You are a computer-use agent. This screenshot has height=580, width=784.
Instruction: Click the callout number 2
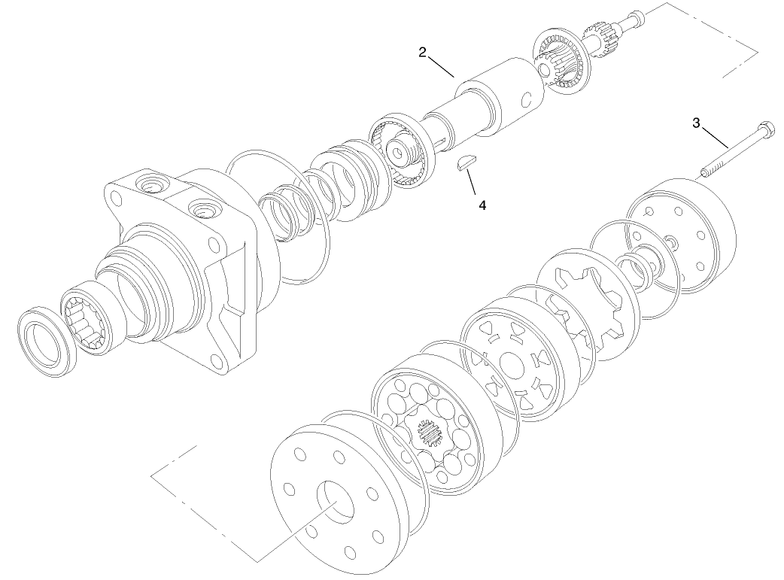pyautogui.click(x=423, y=52)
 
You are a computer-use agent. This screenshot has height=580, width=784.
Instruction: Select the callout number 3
pyautogui.click(x=696, y=121)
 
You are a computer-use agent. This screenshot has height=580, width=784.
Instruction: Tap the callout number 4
pyautogui.click(x=482, y=205)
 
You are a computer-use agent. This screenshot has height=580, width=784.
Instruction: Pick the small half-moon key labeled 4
pyautogui.click(x=467, y=165)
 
